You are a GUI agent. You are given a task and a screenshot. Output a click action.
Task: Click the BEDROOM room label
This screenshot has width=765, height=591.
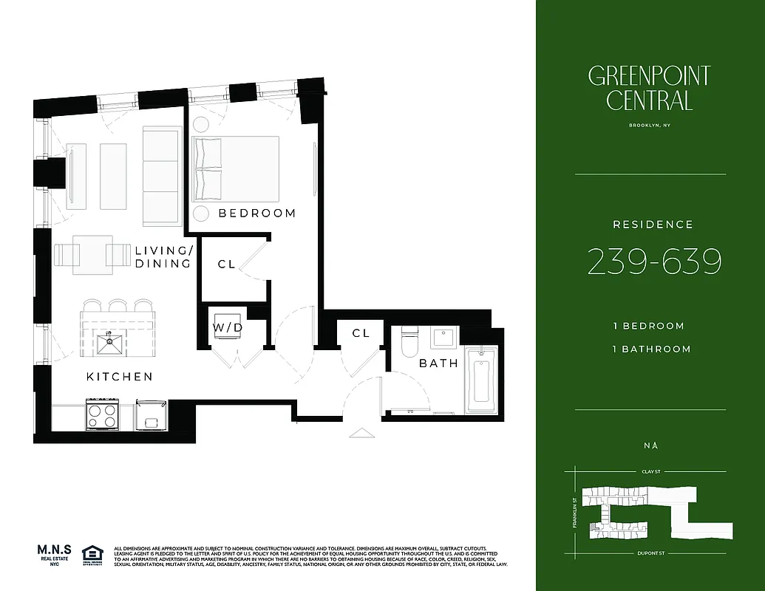pos(256,213)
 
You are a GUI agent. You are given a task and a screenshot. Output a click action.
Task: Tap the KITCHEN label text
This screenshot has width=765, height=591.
pos(120,377)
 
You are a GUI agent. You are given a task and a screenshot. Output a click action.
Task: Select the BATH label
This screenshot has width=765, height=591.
pos(438,363)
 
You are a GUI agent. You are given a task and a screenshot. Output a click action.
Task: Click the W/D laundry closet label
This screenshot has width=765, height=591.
pos(228,327)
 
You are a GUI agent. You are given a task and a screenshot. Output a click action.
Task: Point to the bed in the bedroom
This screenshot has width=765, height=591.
pos(236,168)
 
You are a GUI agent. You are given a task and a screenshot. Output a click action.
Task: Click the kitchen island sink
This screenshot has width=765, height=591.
pos(111,341)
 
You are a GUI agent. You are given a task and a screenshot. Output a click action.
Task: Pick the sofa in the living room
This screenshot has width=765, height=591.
pos(161,175)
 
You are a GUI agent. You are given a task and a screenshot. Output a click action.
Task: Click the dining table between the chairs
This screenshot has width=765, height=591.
pos(92,255)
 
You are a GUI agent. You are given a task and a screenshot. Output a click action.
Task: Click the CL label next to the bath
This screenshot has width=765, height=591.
pos(361,333)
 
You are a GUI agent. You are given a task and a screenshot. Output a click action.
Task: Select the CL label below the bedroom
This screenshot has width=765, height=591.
pos(226,264)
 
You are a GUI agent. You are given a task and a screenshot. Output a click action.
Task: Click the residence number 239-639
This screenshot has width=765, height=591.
pos(654,262)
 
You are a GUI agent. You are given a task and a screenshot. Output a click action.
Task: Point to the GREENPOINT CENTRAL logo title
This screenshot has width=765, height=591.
pos(650,87)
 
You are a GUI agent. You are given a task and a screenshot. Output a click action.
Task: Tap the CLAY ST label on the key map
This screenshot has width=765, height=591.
pos(650,471)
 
